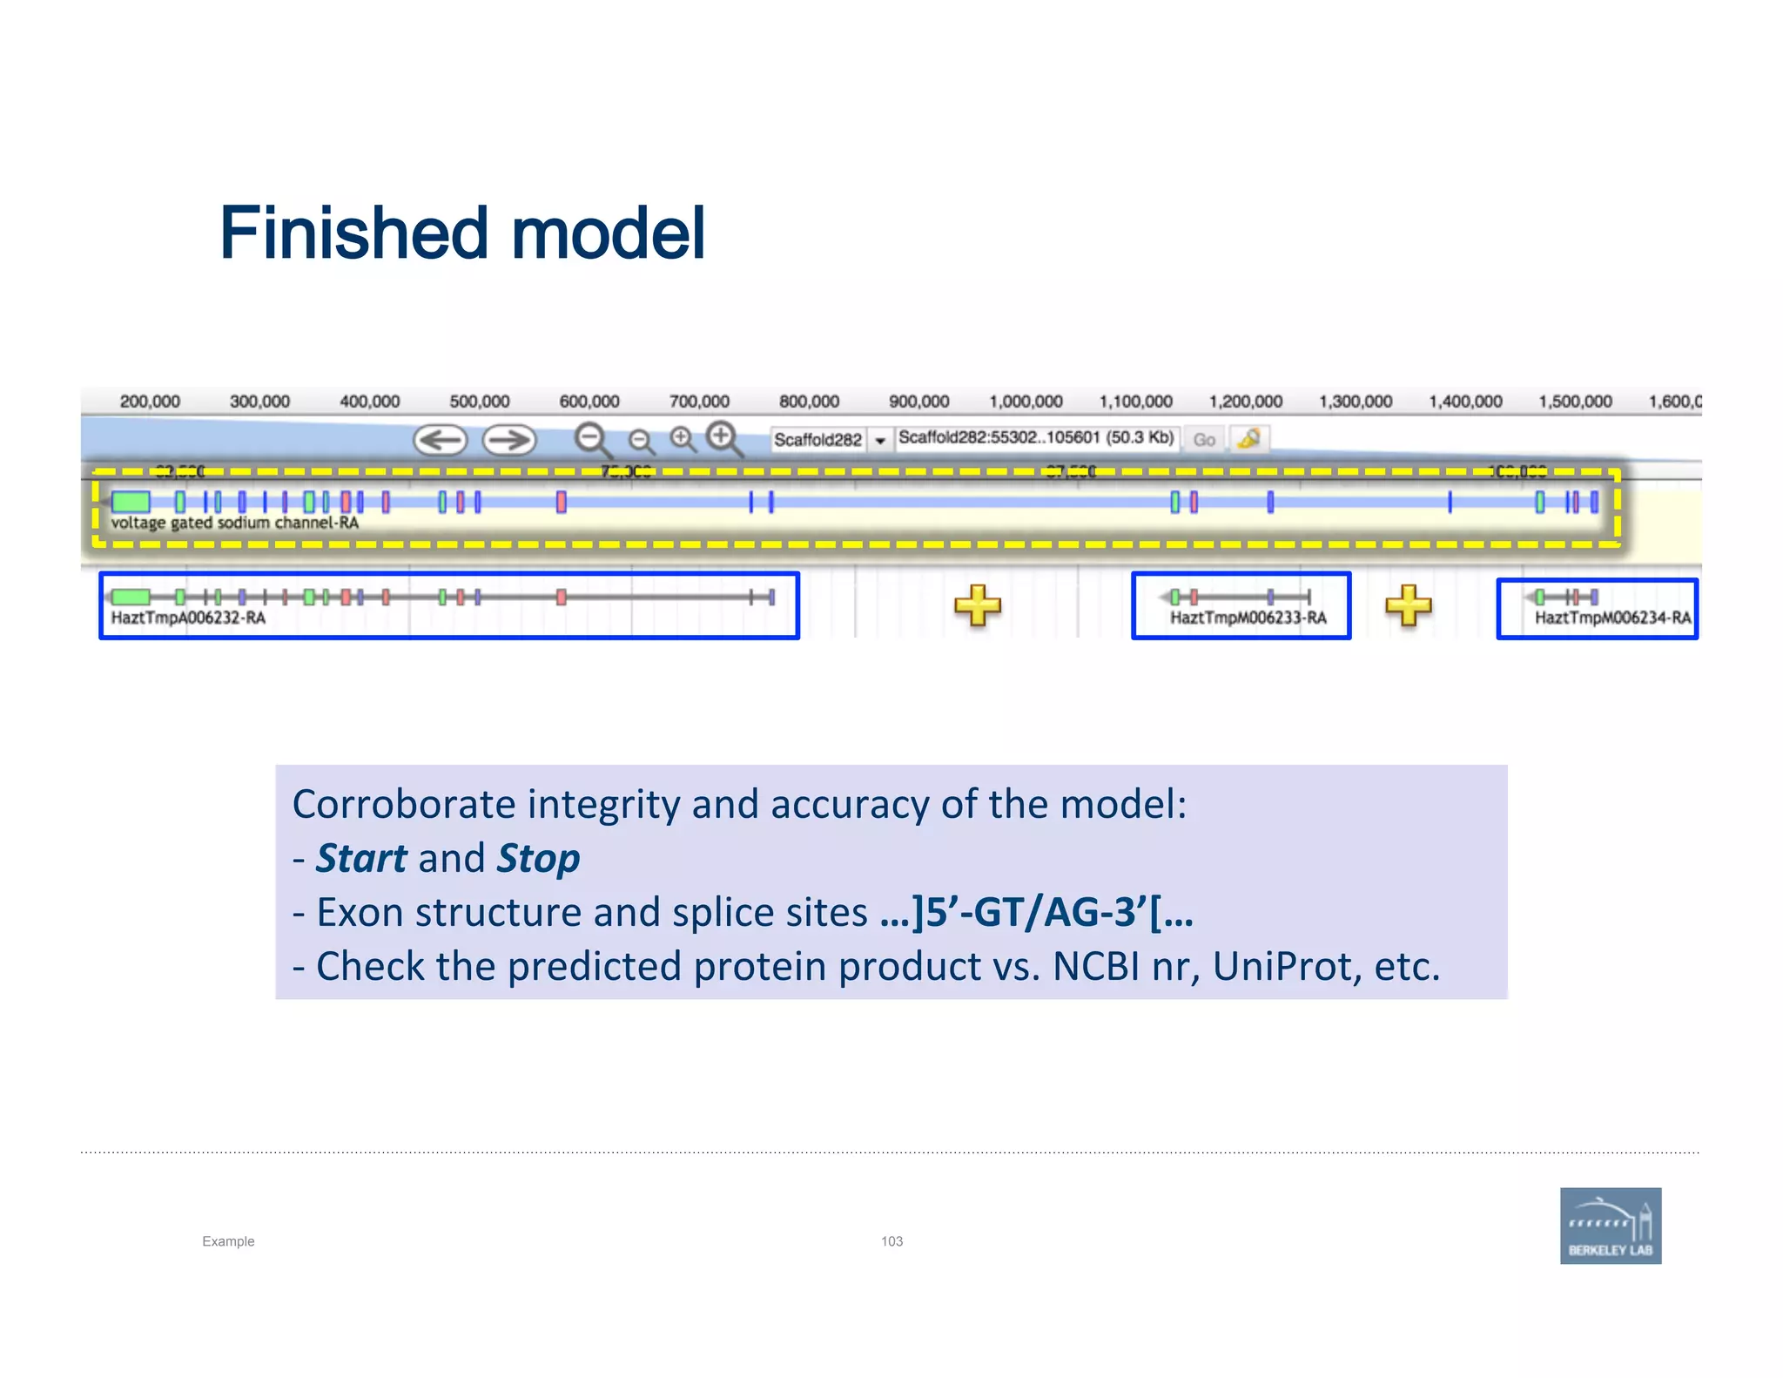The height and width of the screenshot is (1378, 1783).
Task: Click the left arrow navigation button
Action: coord(440,440)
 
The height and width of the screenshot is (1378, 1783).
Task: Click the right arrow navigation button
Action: coord(509,440)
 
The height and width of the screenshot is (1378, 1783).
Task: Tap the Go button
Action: coord(1204,440)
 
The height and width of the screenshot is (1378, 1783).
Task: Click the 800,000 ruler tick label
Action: coord(809,402)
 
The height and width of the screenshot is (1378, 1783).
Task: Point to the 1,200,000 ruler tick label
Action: coord(1245,402)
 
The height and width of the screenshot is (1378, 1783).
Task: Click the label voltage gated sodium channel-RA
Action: coord(234,523)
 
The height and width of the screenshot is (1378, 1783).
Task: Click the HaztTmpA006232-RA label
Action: coord(188,618)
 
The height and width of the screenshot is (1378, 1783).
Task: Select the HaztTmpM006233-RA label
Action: coord(1248,618)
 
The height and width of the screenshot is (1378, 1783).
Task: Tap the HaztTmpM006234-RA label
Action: coord(1611,618)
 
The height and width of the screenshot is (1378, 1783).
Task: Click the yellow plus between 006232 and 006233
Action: coord(977,605)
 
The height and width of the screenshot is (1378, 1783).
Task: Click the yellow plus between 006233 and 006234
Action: coord(1408,605)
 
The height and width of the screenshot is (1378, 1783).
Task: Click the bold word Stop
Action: coord(538,859)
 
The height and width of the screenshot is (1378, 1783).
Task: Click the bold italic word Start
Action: coord(360,859)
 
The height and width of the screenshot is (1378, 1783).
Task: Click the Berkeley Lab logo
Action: coord(1610,1225)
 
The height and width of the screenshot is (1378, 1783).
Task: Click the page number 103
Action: coord(891,1241)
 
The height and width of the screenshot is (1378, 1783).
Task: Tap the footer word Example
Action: coord(228,1241)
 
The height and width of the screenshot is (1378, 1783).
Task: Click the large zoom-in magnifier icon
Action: coord(723,438)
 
